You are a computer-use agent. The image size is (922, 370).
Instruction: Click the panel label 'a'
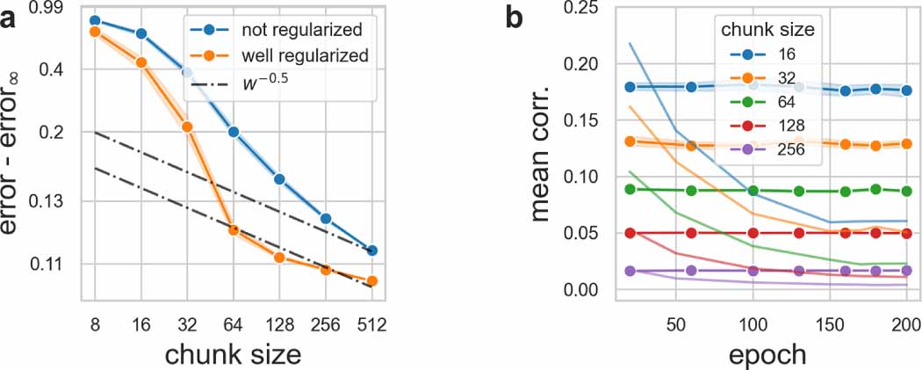(x=11, y=18)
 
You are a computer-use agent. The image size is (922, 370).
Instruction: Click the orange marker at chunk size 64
(x=234, y=229)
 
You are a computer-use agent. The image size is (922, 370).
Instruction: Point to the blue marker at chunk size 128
(x=280, y=179)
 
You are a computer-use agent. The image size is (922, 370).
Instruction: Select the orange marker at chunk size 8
(x=95, y=32)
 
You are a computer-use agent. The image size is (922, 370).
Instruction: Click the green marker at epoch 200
(x=907, y=191)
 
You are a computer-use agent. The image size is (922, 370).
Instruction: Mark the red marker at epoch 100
(x=753, y=233)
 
